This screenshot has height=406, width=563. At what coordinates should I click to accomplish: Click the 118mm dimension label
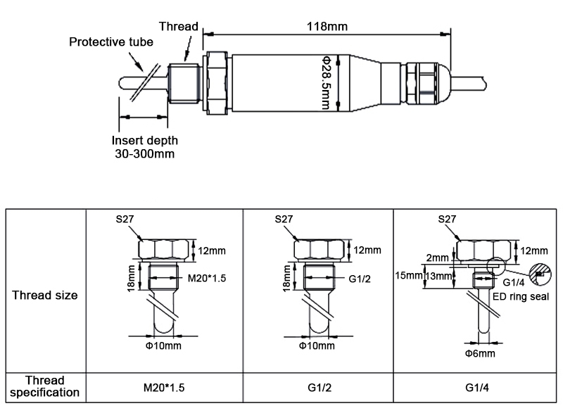[328, 26]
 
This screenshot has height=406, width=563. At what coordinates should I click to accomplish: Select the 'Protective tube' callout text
[106, 42]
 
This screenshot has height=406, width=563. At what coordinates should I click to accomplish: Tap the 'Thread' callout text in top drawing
[178, 26]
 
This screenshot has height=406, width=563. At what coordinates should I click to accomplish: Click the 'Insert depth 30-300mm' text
[144, 146]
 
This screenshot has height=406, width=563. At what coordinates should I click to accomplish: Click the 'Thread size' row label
[45, 295]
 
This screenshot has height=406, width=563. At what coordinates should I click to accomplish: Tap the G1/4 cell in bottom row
[474, 387]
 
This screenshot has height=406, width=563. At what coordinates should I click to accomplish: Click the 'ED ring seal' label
[520, 297]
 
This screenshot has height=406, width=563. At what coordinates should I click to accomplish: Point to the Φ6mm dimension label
[479, 353]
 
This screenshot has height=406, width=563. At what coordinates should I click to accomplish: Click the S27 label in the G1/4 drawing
[446, 219]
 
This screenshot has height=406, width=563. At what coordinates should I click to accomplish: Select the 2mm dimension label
[438, 258]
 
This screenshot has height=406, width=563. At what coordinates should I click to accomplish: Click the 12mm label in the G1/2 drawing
[367, 250]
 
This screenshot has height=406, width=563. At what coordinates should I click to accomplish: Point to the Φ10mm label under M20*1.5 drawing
[166, 345]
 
